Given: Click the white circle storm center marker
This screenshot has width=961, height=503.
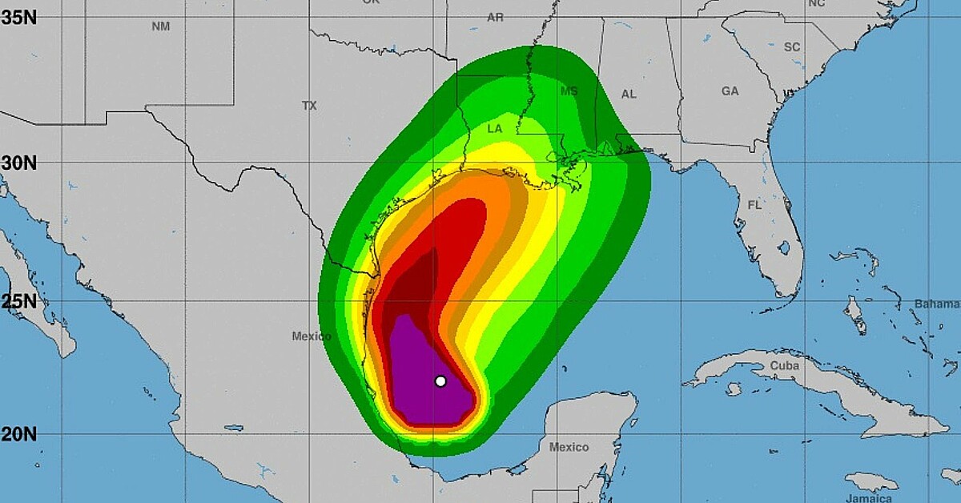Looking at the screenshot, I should point(440,381).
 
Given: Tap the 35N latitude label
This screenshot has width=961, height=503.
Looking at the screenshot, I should point(18,17).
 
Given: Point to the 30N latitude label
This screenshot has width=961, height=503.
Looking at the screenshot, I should point(18,163).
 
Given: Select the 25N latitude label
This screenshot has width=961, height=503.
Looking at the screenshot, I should point(18,302).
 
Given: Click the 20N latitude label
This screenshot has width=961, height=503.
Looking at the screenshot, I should point(18,434).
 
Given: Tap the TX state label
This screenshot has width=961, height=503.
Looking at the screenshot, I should point(309,106).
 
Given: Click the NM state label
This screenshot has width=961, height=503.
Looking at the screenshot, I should point(161,26).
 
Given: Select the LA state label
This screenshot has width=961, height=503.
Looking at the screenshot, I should point(495,129).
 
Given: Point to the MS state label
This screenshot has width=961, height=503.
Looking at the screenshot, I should point(569,91).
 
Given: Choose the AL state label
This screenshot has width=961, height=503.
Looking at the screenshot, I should point(629,95).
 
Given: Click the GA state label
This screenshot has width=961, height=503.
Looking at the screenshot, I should point(730,91).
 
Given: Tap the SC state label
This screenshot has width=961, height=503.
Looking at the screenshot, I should point(792,47).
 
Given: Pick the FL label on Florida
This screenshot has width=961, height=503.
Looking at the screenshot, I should point(754,205).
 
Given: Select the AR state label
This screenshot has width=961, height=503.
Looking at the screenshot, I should point(495,17).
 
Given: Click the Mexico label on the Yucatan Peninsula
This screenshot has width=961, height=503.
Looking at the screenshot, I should point(569,447).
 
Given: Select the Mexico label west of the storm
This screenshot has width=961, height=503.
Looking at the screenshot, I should point(311,336).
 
